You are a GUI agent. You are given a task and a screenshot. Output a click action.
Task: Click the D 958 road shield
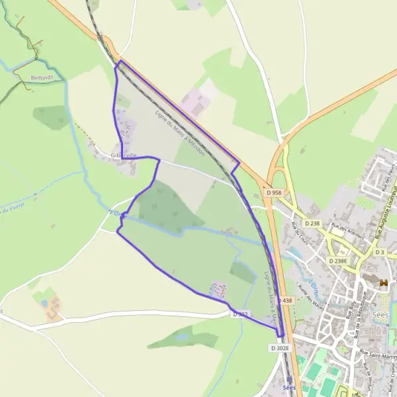tap(272, 192)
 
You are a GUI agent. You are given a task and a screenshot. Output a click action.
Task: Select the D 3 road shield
tap(380, 252)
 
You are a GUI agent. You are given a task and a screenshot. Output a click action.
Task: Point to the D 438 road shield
tap(285, 300)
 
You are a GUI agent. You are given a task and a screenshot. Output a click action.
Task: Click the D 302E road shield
tap(281, 347)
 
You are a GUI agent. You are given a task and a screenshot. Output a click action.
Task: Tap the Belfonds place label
tap(40, 77)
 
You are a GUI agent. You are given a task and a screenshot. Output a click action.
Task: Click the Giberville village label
tap(124, 155)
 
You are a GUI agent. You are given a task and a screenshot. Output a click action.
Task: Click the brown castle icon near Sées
tap(383, 283)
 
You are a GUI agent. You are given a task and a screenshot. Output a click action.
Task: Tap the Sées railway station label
tap(288, 387)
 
